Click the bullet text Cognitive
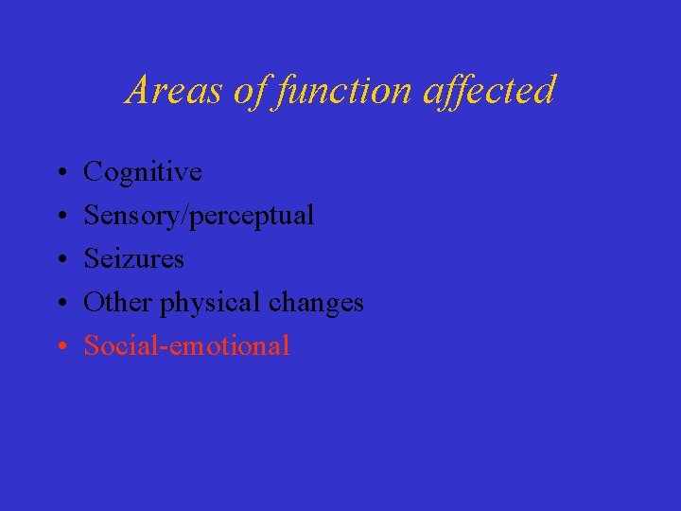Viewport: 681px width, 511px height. (x=143, y=172)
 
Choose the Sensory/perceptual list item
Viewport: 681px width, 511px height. (x=199, y=216)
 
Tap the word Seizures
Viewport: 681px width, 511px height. (x=133, y=259)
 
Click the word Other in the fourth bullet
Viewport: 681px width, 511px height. (x=118, y=303)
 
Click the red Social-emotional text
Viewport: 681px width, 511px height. (x=186, y=346)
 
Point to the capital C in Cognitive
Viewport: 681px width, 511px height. (x=93, y=172)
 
